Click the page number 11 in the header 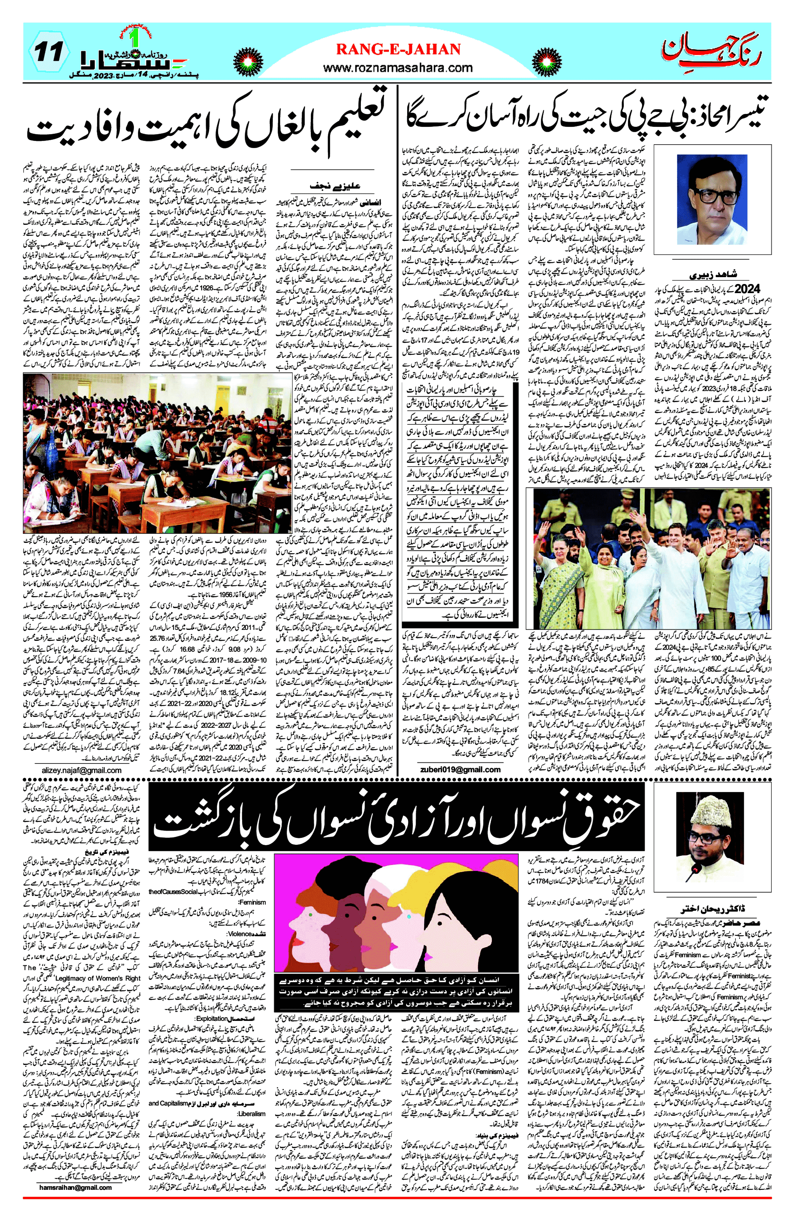pyautogui.click(x=50, y=52)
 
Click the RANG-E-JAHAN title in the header pyautogui.click(x=398, y=49)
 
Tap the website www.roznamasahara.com pyautogui.click(x=398, y=68)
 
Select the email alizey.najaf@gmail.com pyautogui.click(x=82, y=770)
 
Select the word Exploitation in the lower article pyautogui.click(x=211, y=1018)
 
